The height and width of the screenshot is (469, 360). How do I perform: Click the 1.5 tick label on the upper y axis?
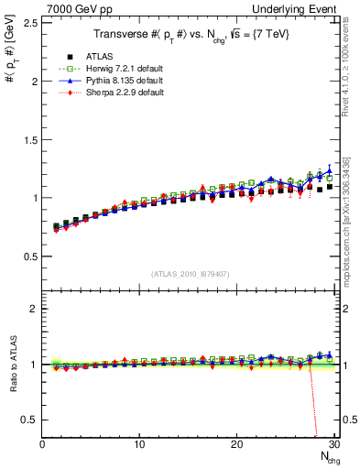coord(29,139)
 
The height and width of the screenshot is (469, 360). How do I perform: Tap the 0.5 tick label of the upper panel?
coord(29,256)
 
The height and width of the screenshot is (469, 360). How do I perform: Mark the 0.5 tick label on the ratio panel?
coord(29,420)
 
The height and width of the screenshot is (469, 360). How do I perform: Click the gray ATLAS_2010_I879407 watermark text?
coord(190,274)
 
